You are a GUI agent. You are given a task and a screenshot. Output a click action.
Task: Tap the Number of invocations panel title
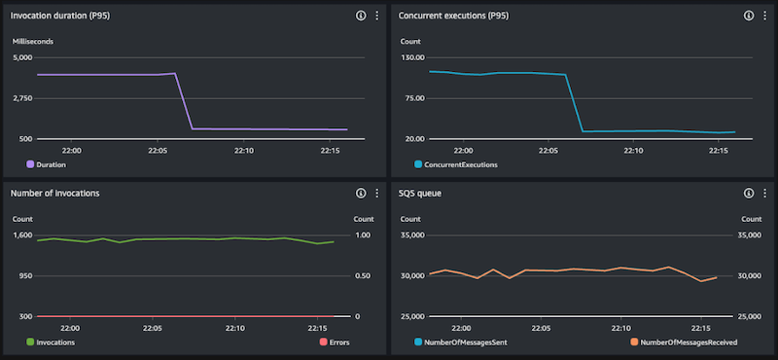[x=54, y=193]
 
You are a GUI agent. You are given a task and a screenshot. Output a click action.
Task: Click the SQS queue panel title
[x=425, y=193]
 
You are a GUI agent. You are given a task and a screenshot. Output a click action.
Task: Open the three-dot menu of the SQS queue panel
[x=764, y=193]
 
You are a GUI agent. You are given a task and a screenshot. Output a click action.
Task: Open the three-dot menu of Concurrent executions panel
[x=764, y=17]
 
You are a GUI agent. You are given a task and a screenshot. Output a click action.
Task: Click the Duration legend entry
[x=51, y=164]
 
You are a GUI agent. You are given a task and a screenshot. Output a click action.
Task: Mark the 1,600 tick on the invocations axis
[x=22, y=234]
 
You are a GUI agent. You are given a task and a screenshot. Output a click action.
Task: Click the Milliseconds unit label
[x=32, y=43]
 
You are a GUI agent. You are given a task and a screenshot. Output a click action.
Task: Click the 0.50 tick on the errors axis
[x=361, y=275]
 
